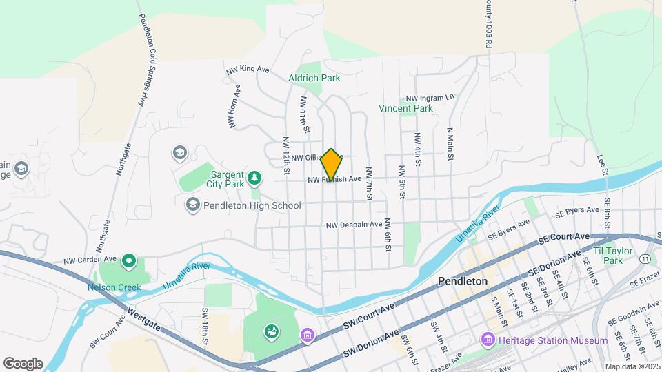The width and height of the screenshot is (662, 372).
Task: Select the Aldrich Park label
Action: (x=314, y=78)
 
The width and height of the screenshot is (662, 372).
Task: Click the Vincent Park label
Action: (x=405, y=108)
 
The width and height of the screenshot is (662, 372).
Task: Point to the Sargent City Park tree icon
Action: (x=255, y=178)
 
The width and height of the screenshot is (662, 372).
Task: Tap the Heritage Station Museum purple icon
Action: (x=488, y=340)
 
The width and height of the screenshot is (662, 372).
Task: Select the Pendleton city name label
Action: (x=463, y=282)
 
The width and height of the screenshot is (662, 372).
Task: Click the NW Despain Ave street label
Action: (x=354, y=225)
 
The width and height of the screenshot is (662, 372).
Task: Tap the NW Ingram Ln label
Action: (x=430, y=98)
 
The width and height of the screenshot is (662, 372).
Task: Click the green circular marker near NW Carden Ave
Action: (x=128, y=261)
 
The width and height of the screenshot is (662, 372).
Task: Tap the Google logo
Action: (x=23, y=364)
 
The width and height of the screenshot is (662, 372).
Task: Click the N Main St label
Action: (x=450, y=144)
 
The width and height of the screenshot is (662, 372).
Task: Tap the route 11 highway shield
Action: (x=643, y=258)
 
